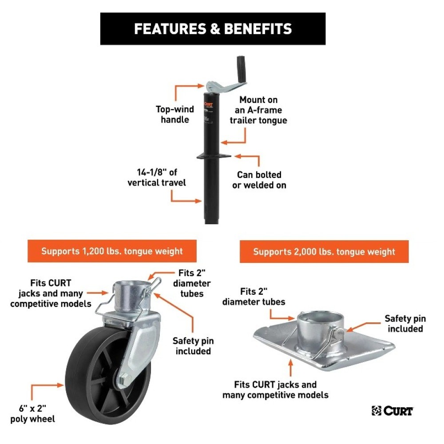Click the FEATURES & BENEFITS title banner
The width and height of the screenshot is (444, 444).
(213, 29)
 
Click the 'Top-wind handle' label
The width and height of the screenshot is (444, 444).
(172, 114)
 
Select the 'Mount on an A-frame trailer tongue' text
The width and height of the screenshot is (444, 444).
(258, 110)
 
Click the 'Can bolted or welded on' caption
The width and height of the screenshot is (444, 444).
(259, 180)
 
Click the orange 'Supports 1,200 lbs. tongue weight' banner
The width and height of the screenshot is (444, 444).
(112, 251)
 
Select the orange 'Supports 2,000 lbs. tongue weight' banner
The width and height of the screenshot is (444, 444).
(324, 252)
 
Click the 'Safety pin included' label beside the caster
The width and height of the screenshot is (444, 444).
(193, 346)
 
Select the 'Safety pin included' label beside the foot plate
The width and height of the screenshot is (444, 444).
(405, 324)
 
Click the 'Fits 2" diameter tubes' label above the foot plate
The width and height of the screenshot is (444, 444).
(260, 297)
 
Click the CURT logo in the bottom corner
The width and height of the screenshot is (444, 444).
(392, 411)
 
